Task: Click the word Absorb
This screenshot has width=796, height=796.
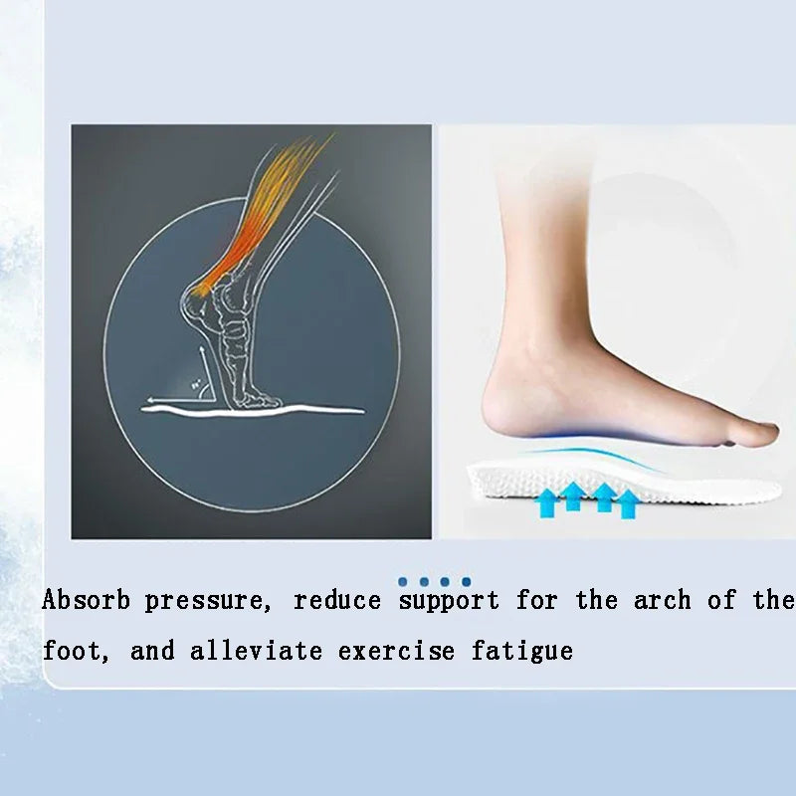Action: (86, 601)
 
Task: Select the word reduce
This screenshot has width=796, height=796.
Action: (337, 601)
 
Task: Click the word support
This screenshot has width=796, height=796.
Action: (449, 601)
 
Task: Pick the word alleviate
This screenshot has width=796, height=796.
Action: (256, 652)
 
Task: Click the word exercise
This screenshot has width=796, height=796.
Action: (396, 652)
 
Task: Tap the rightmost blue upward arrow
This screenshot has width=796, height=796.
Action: (627, 502)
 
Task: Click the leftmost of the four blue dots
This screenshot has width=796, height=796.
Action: (403, 581)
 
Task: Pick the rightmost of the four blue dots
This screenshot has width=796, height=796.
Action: (466, 581)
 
